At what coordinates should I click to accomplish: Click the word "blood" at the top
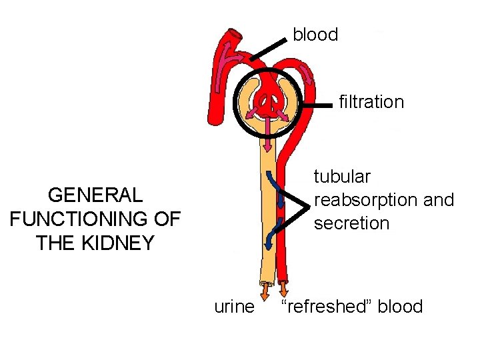(315, 35)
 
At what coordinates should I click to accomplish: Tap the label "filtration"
(371, 102)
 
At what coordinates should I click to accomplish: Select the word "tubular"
(342, 177)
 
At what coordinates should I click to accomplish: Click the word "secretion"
(351, 223)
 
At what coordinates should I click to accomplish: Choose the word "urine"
(234, 307)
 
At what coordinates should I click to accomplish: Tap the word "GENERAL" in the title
(95, 195)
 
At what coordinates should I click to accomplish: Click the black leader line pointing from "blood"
(269, 49)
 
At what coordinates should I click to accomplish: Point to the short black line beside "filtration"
(317, 104)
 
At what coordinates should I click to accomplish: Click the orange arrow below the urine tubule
(265, 291)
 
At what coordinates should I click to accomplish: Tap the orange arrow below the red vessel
(284, 290)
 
